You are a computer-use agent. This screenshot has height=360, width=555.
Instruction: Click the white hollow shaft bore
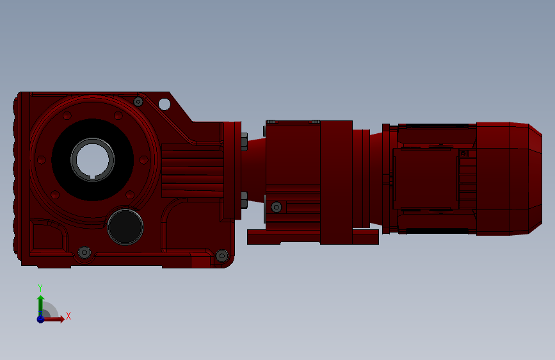(92, 159)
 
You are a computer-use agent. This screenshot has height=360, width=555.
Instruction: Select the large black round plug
(125, 227)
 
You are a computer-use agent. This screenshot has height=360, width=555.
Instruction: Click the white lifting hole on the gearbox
(165, 104)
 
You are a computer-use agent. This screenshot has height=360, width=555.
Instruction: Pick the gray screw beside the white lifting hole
(138, 102)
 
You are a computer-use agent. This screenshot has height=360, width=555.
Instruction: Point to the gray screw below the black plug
(84, 252)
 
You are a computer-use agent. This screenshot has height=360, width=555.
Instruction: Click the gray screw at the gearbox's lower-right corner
(222, 256)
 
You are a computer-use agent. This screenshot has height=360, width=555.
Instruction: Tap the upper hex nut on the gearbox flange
(245, 142)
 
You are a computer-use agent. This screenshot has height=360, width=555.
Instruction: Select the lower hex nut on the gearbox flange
(245, 200)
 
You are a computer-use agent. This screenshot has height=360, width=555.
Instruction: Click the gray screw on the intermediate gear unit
(276, 208)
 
